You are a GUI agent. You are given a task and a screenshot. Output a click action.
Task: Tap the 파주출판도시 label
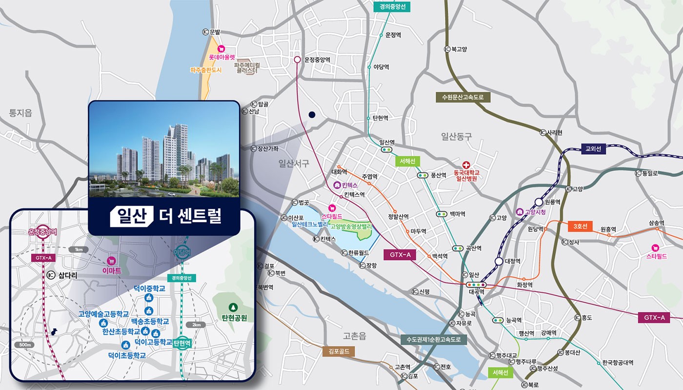[206, 70]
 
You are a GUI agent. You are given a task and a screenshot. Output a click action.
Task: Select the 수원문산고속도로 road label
[462, 97]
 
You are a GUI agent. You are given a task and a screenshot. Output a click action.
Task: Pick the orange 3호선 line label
[580, 226]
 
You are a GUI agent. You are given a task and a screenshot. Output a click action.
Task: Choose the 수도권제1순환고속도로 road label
[433, 340]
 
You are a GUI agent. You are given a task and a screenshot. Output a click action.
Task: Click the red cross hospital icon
[466, 165]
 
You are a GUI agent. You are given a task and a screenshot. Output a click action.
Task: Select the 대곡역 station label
[475, 291]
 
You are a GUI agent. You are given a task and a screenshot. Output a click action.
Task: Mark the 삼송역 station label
[656, 223]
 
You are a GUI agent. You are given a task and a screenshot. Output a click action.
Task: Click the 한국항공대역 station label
[617, 363]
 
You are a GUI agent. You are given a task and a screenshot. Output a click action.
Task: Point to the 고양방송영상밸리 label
[351, 226]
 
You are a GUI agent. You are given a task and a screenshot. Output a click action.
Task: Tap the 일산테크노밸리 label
[310, 225]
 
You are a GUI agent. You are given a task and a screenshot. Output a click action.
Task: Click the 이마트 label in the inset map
[112, 270]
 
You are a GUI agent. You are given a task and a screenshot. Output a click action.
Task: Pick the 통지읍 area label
[20, 113]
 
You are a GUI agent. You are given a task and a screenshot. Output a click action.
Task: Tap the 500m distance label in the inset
[25, 345]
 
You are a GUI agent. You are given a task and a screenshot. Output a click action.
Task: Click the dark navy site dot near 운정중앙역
[312, 115]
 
